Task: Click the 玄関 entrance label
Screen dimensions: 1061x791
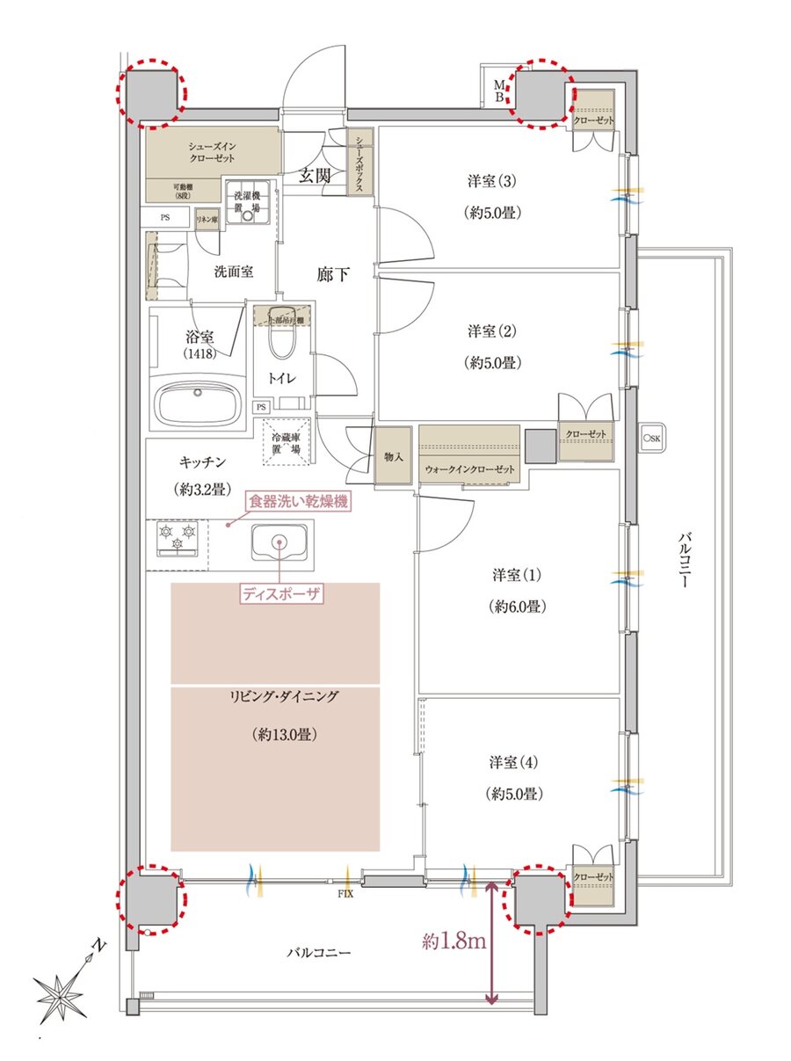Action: pyautogui.click(x=316, y=175)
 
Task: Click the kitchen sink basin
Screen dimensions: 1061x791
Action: pyautogui.click(x=279, y=543)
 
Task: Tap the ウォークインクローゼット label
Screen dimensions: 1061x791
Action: pyautogui.click(x=468, y=469)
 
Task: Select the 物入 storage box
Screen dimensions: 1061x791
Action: pyautogui.click(x=393, y=456)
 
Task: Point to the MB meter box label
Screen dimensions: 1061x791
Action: pyautogui.click(x=498, y=90)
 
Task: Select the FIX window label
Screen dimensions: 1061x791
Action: pyautogui.click(x=345, y=895)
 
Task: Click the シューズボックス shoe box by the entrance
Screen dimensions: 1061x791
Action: pyautogui.click(x=360, y=162)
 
